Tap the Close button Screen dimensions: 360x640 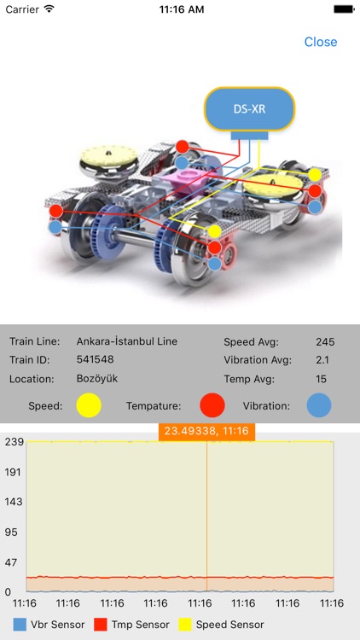321,42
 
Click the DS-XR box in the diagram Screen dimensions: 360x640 249,109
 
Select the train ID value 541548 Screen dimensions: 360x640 95,359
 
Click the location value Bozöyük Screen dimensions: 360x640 97,378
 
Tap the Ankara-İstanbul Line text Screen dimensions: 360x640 127,341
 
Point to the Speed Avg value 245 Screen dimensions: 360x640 325,342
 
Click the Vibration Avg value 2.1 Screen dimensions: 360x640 322,360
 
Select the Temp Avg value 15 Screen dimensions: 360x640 322,379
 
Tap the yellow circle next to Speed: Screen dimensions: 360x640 89,405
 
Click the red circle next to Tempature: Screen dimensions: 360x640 212,405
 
